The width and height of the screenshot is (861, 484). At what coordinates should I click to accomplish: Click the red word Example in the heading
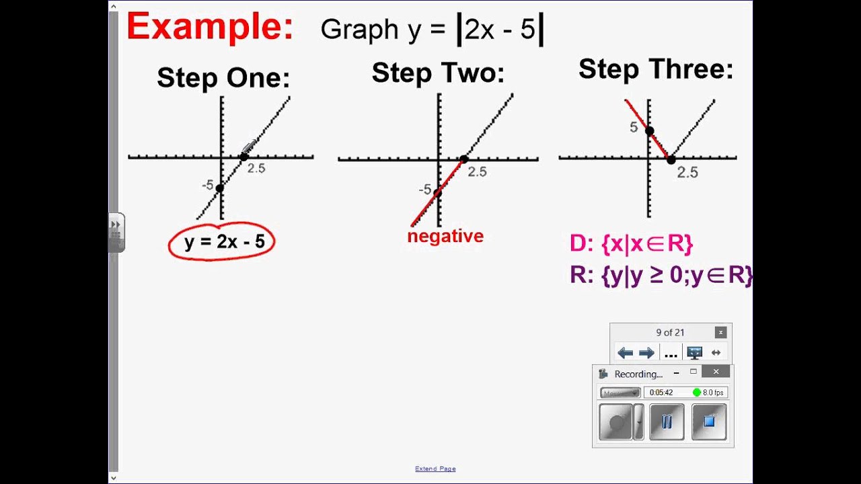209,28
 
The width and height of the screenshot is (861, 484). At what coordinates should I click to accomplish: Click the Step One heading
223,78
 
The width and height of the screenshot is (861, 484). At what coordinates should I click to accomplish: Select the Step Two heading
438,73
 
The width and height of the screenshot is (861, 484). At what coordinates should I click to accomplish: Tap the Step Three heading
656,69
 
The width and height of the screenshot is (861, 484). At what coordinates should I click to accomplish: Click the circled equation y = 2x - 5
222,242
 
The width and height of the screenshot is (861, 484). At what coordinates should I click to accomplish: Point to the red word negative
445,236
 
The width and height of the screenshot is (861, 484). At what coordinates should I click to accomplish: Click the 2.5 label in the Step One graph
256,169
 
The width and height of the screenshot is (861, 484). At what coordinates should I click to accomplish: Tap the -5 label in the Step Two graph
424,190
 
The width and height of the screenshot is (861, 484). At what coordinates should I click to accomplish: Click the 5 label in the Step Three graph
634,127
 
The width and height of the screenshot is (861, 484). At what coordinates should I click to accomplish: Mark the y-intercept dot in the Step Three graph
649,131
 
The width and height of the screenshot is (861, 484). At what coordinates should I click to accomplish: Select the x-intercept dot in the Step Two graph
463,159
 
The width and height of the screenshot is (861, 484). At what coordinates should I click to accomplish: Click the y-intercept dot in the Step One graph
219,188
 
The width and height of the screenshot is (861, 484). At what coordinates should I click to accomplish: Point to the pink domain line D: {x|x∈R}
631,244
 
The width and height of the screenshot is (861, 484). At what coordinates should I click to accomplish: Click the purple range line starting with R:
661,276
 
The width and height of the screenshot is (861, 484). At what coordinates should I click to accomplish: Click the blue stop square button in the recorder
708,421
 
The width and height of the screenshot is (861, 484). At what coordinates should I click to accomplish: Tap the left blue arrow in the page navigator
625,353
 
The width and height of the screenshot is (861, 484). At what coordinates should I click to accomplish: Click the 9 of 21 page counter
670,332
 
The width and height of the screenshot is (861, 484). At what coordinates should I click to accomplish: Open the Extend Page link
435,469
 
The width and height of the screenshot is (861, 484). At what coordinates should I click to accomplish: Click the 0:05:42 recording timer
661,393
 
